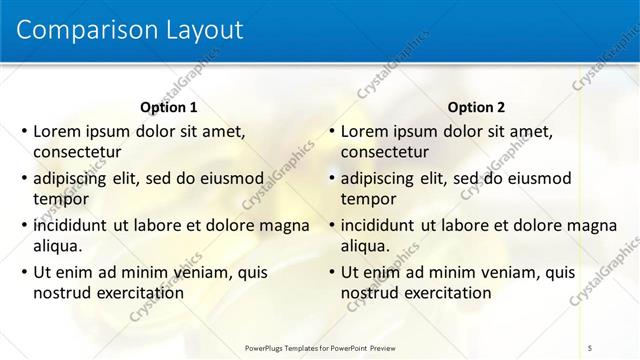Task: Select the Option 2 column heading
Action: [477, 107]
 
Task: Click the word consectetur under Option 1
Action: [77, 152]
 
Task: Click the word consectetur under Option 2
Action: [385, 152]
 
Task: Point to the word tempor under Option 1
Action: [61, 199]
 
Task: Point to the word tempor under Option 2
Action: [369, 199]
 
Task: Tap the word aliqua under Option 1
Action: [57, 246]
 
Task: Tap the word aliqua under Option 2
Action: [365, 246]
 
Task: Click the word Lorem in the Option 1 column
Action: [57, 131]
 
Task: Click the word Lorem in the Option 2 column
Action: [365, 131]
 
